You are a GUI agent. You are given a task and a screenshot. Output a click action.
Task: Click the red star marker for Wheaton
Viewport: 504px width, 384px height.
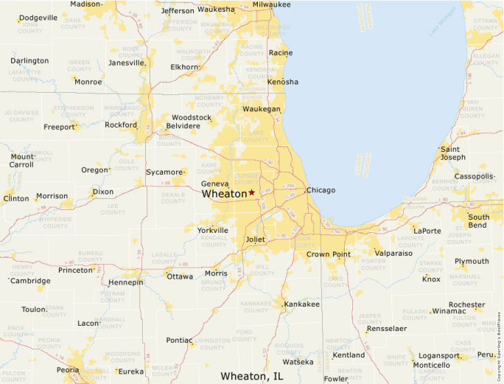(251, 192)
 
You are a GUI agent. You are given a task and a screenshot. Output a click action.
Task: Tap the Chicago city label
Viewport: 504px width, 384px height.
(321, 190)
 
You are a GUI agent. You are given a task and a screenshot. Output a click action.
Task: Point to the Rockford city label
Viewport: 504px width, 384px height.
(121, 125)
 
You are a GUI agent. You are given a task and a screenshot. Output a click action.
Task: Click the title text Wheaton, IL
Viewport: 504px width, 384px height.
(252, 376)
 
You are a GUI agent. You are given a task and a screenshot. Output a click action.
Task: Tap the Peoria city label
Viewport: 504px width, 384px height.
(68, 370)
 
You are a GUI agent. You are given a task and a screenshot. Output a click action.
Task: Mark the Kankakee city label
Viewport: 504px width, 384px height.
(302, 304)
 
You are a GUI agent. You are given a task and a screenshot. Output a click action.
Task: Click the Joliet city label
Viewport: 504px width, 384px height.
(255, 240)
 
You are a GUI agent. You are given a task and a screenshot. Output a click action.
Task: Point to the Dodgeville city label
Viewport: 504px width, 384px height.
(38, 18)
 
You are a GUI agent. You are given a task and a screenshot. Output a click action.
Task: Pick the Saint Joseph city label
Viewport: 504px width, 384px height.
(452, 153)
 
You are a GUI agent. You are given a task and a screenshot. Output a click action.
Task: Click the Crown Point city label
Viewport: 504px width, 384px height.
(329, 254)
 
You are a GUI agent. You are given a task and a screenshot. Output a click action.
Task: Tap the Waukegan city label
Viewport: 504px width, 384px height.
(262, 109)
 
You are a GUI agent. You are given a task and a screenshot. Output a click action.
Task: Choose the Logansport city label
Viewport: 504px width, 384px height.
(439, 356)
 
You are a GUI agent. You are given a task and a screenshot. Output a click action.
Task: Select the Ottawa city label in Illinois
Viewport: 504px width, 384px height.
(180, 277)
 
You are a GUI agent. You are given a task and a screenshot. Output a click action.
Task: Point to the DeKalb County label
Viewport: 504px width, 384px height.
(173, 198)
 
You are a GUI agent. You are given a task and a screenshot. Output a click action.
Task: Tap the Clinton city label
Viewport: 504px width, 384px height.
(16, 199)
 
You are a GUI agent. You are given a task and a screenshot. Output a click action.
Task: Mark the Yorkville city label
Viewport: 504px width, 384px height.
(213, 231)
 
